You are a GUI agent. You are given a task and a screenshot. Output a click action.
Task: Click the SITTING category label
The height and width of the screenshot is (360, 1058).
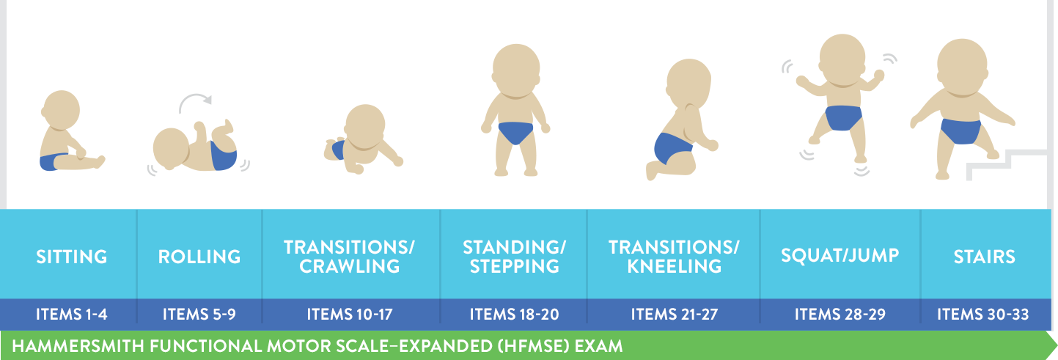[72, 257]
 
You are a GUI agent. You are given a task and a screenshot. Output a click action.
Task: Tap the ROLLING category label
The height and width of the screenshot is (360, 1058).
[199, 257]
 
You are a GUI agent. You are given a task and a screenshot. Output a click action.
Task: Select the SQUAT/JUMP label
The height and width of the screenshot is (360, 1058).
[840, 256]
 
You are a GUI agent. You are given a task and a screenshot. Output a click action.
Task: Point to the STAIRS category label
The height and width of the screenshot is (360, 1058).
[985, 257]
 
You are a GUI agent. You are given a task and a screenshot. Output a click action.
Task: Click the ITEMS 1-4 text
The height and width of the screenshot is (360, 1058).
[72, 314]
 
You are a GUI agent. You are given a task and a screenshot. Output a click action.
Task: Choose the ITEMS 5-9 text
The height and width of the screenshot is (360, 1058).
[199, 314]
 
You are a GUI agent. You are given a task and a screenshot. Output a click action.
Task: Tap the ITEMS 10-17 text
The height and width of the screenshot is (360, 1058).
[350, 314]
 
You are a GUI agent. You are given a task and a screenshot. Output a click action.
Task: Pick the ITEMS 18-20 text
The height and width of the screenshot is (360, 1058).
[515, 314]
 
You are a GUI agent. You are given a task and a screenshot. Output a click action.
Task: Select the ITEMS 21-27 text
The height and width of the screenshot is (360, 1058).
[675, 314]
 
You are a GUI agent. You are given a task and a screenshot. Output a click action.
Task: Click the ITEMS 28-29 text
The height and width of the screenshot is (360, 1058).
[840, 314]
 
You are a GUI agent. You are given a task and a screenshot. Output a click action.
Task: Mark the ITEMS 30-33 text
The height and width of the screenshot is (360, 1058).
[983, 314]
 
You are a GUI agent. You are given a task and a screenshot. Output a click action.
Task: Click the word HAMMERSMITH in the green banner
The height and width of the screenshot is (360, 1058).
[78, 346]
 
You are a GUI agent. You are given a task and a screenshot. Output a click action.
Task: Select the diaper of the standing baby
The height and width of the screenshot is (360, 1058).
[515, 132]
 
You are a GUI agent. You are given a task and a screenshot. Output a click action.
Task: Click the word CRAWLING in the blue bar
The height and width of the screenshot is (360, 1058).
[350, 266]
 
